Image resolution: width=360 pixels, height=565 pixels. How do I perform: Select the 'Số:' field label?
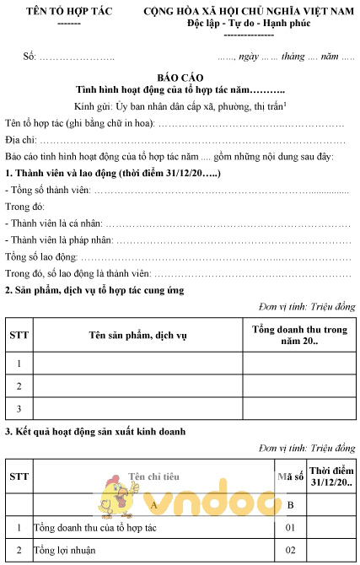[30, 56]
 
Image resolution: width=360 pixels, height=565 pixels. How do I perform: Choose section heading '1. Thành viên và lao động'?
[113, 173]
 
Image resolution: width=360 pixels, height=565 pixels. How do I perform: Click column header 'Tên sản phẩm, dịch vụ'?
[137, 335]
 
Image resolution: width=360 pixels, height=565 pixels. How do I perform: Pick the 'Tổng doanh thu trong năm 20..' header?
[299, 335]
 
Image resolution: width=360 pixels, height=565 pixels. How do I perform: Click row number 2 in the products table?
[19, 386]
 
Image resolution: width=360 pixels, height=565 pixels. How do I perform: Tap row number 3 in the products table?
[19, 409]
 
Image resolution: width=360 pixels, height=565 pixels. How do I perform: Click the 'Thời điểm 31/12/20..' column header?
[330, 476]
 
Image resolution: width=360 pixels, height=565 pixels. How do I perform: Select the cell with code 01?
[291, 528]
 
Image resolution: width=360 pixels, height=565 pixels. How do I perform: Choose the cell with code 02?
[291, 551]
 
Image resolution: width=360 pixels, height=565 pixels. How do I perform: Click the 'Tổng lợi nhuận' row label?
[64, 551]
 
